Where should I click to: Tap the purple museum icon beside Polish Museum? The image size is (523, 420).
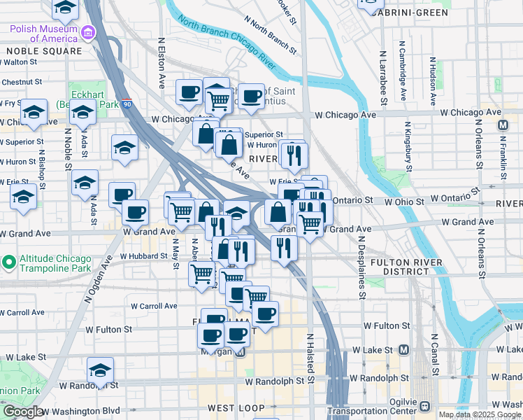pyautogui.click(x=88, y=33)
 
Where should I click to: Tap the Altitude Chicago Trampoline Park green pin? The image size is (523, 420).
pyautogui.click(x=8, y=262)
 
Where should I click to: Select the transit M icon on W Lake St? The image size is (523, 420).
pyautogui.click(x=403, y=349)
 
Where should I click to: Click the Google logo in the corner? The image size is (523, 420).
pyautogui.click(x=22, y=412)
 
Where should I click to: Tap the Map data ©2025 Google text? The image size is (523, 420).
pyautogui.click(x=479, y=414)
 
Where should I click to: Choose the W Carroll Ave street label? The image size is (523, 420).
pyautogui.click(x=154, y=306)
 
